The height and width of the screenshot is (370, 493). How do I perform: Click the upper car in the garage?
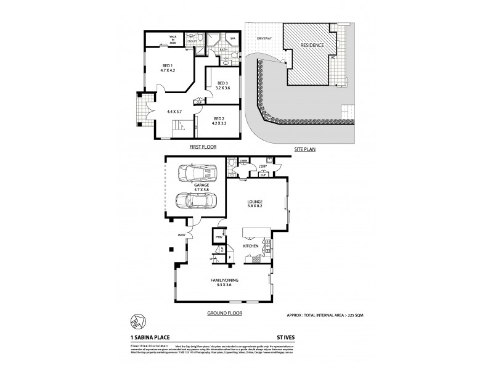[x=195, y=173]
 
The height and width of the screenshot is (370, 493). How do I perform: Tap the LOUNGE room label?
[x=255, y=202]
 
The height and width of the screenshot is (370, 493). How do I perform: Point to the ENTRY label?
[x=182, y=235]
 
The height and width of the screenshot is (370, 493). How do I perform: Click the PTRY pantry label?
[x=218, y=236]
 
